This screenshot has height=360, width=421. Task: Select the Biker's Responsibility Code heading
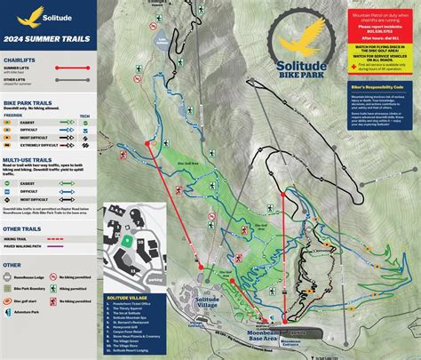pos(373,85)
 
